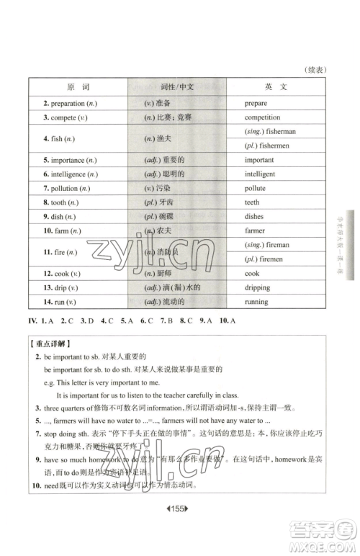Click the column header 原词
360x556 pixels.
pyautogui.click(x=78, y=86)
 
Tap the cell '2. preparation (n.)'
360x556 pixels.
pyautogui.click(x=70, y=104)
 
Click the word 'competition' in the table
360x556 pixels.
pyautogui.click(x=262, y=117)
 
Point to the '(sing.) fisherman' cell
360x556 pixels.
pyautogui.click(x=271, y=131)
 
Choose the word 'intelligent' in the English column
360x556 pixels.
pyautogui.click(x=260, y=174)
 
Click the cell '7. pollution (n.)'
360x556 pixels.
pyautogui.click(x=66, y=188)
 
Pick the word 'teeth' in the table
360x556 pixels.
pyautogui.click(x=251, y=202)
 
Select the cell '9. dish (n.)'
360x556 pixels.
pyautogui.click(x=59, y=217)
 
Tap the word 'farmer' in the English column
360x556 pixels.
pyautogui.click(x=255, y=231)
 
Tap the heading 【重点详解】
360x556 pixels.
pyautogui.click(x=51, y=343)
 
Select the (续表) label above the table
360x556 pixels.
pyautogui.click(x=316, y=70)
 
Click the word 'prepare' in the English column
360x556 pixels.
pyautogui.click(x=256, y=104)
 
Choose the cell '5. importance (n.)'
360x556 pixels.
pyautogui.click(x=69, y=160)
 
